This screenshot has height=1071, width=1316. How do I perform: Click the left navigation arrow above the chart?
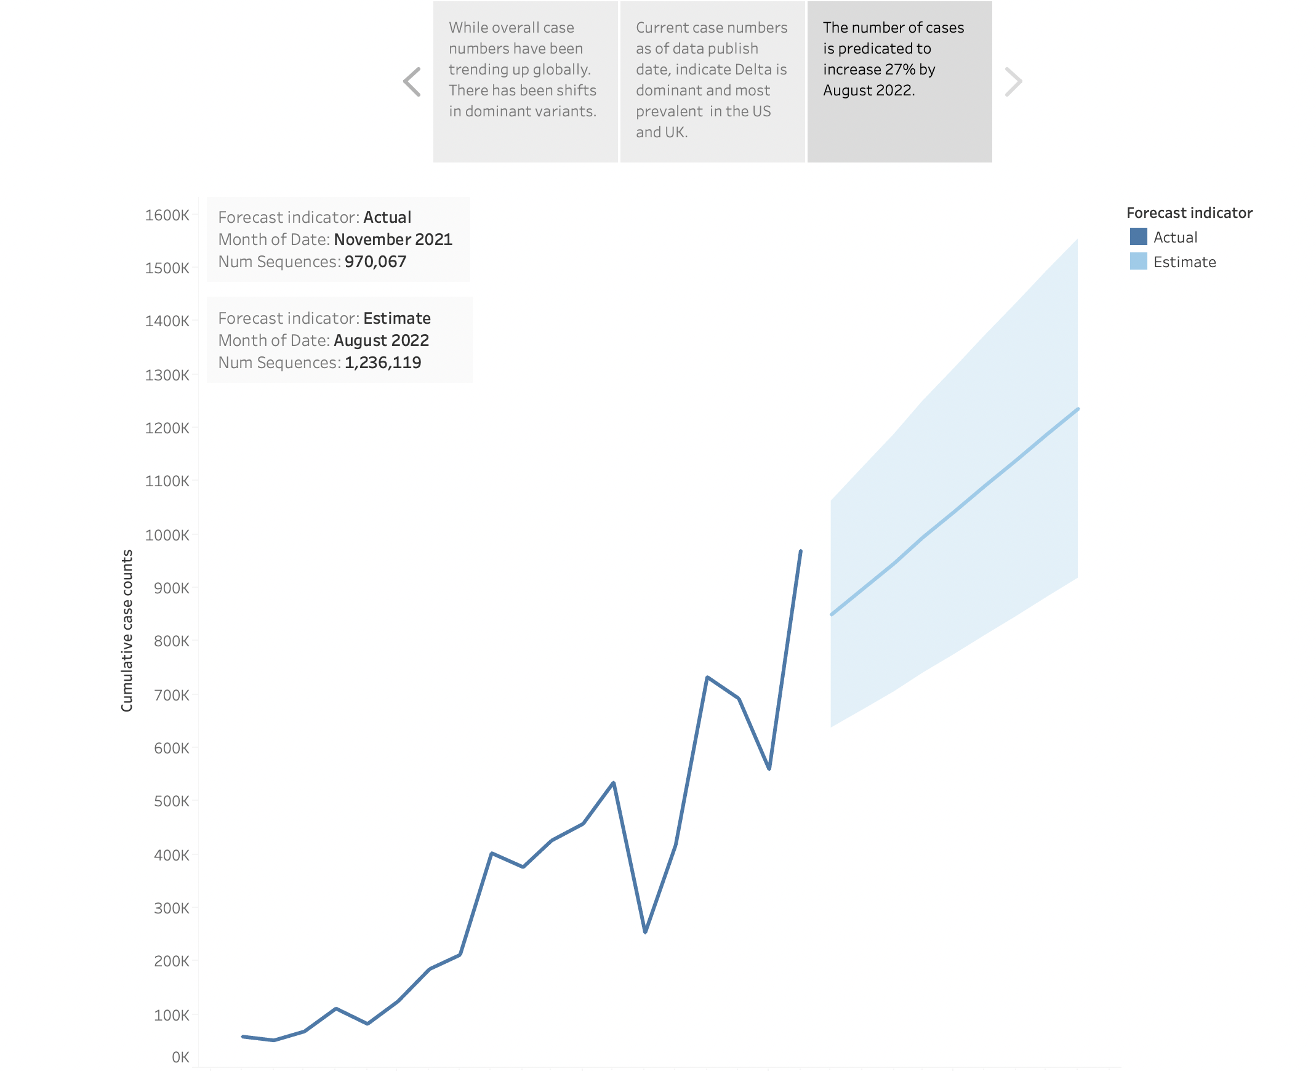[412, 82]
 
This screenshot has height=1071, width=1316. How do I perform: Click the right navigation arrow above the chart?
[1013, 82]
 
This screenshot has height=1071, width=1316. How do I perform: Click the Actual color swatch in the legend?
[1137, 237]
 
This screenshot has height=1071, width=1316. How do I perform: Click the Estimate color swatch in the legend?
[1137, 262]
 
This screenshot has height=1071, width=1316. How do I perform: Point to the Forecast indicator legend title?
[1189, 213]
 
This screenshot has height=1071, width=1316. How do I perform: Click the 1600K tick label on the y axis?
[167, 215]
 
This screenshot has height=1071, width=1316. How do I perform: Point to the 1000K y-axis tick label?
[167, 535]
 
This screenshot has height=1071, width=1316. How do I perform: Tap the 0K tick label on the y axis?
[180, 1057]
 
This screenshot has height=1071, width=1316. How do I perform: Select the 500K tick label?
[171, 801]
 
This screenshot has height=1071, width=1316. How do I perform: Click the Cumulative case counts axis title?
[126, 630]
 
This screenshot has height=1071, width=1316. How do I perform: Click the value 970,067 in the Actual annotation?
[375, 262]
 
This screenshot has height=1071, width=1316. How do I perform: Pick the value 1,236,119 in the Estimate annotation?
[382, 363]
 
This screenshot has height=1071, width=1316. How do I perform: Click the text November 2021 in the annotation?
[393, 239]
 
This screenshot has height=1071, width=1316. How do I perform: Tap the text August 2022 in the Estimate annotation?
[381, 340]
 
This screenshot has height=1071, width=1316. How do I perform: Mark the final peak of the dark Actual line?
[800, 552]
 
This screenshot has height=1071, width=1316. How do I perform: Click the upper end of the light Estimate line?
[1077, 410]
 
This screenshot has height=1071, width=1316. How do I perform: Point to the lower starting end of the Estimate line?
[832, 614]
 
